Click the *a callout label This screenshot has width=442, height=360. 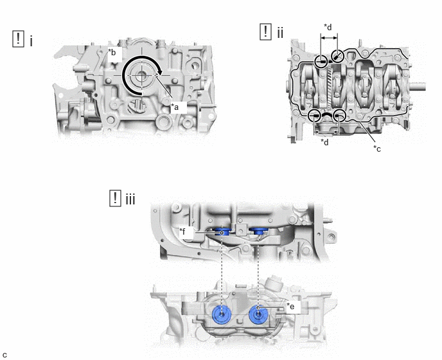point(175,107)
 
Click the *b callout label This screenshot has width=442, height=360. point(112,52)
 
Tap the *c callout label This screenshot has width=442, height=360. point(377,148)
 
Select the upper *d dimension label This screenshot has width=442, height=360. point(328,27)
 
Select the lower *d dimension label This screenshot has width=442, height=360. point(324,142)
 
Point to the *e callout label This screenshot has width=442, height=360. point(290,306)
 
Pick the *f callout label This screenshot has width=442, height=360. point(182,231)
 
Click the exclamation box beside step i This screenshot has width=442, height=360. point(19,39)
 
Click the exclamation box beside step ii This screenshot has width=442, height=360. point(265,32)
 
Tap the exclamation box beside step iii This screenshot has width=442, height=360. point(115,199)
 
